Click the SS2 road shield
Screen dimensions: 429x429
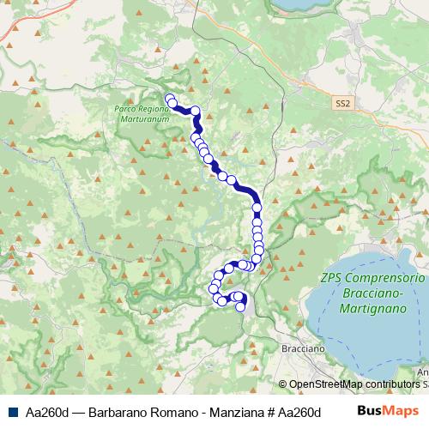(343, 102)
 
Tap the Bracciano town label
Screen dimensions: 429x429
(303, 350)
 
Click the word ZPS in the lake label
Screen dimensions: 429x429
(332, 279)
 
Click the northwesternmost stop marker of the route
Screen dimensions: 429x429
(168, 98)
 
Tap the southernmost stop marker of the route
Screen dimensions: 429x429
(240, 307)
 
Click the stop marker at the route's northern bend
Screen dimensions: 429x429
(195, 110)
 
